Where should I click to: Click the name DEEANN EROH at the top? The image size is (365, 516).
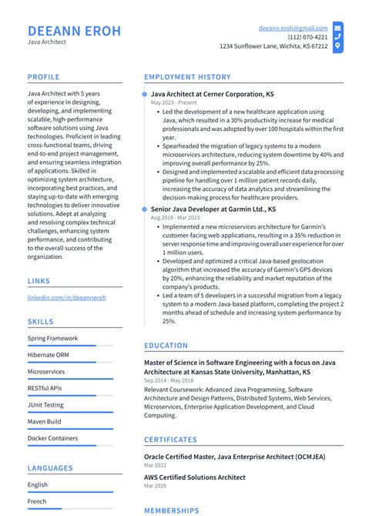(x=74, y=31)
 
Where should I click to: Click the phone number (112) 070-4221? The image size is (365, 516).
(x=307, y=36)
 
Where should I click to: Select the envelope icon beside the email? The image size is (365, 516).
(x=337, y=27)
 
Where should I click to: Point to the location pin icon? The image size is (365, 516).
(x=337, y=46)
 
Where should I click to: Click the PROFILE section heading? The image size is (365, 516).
(x=45, y=77)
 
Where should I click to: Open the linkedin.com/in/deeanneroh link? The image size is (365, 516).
(x=66, y=297)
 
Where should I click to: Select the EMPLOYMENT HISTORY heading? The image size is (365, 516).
(x=187, y=77)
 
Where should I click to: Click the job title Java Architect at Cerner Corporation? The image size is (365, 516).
(x=212, y=94)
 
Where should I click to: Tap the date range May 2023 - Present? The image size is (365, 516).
(x=173, y=102)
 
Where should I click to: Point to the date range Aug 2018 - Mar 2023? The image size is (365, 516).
(x=178, y=218)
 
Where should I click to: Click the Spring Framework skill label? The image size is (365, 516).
(x=52, y=338)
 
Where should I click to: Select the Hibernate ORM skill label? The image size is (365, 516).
(x=48, y=355)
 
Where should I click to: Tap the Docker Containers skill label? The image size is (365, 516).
(x=52, y=438)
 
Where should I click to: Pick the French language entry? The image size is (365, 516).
(x=38, y=501)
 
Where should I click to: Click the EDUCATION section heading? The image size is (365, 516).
(x=166, y=346)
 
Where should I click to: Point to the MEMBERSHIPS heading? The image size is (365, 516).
(x=171, y=511)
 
